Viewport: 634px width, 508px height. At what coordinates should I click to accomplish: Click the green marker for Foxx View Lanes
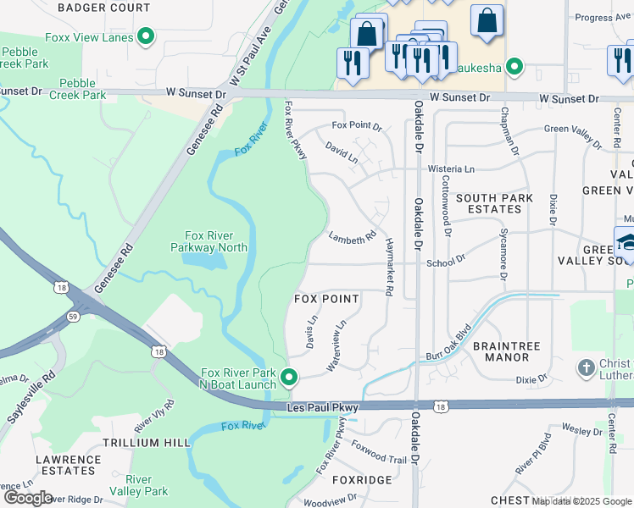click(x=146, y=36)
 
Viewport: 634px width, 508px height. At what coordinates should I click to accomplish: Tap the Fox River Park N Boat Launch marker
click(x=290, y=378)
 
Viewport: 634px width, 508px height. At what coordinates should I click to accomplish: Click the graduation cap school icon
click(x=626, y=243)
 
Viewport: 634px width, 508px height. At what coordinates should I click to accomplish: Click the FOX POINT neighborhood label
click(x=326, y=299)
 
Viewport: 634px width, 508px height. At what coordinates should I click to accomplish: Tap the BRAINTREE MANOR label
click(x=501, y=351)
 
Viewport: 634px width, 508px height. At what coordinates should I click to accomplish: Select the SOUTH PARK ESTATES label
click(x=494, y=203)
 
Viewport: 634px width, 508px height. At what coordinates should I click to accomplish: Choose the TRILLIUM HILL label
click(x=147, y=443)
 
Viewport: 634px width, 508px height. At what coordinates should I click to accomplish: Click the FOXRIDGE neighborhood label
click(x=362, y=480)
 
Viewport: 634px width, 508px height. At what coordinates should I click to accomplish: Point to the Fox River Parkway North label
click(x=216, y=241)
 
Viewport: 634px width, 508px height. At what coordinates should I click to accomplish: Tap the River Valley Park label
click(x=146, y=484)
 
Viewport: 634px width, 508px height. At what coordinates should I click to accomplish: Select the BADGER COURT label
click(x=104, y=8)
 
